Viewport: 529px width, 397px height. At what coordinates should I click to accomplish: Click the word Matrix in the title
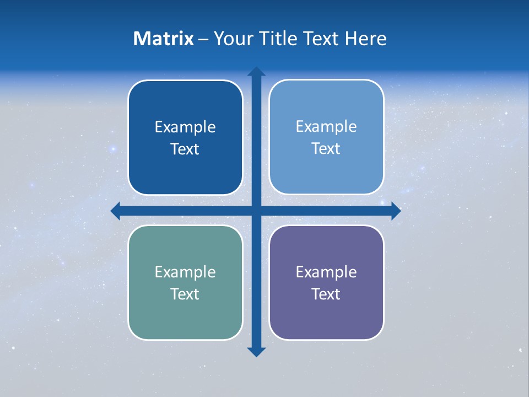(164, 39)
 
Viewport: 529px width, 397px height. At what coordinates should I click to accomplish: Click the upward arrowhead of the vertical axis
(256, 72)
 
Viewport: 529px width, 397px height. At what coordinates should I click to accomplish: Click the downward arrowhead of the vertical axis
(256, 351)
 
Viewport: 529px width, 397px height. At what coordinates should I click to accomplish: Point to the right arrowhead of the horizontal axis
(396, 211)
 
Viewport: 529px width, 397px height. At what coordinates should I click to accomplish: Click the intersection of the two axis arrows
(256, 211)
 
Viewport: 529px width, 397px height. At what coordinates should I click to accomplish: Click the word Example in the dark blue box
(185, 127)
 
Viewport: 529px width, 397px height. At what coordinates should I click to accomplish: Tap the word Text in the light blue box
(326, 149)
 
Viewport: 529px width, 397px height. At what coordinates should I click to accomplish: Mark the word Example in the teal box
(185, 272)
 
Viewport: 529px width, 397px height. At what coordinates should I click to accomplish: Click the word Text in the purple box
(326, 294)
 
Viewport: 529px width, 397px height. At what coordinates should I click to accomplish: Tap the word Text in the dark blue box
(185, 149)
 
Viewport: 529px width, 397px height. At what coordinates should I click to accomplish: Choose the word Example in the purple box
(326, 272)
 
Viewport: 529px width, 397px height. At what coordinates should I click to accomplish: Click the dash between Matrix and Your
(204, 39)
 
